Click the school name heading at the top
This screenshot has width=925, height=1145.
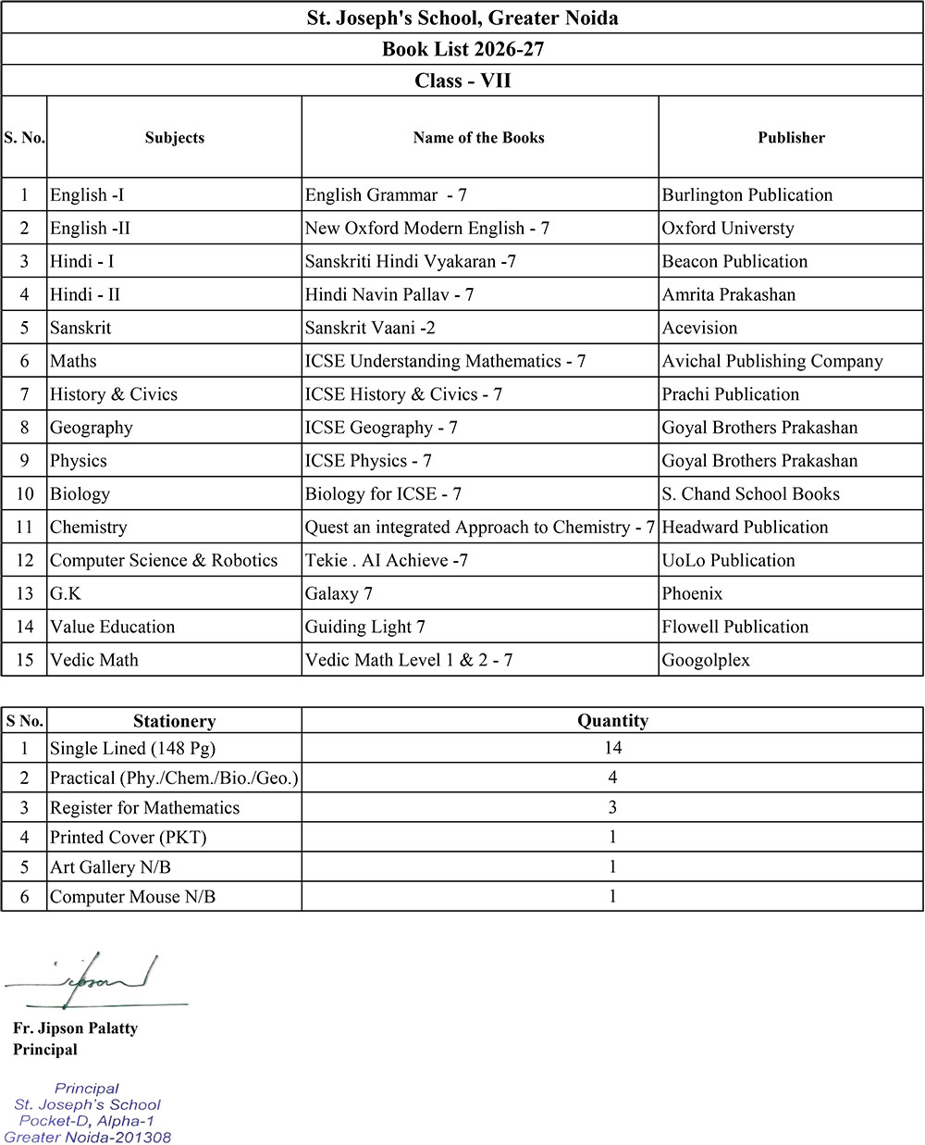click(462, 18)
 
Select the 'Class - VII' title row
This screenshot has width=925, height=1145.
click(462, 81)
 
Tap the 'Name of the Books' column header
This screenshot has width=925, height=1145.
click(478, 138)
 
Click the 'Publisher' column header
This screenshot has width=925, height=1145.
click(791, 138)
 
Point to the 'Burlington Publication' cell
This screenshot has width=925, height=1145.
click(747, 195)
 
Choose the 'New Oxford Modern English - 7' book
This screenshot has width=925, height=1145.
click(427, 229)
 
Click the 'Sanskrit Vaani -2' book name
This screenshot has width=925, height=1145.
click(370, 329)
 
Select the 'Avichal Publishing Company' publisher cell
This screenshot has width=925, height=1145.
click(772, 362)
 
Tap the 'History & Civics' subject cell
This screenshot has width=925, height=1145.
click(114, 395)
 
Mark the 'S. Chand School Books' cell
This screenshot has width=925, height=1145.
click(751, 494)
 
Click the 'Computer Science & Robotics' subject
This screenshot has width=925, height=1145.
click(164, 561)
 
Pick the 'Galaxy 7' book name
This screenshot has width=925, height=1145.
click(339, 594)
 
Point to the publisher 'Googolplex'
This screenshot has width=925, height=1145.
click(706, 661)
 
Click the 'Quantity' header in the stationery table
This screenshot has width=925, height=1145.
click(612, 721)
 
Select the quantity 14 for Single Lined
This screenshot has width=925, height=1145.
click(612, 748)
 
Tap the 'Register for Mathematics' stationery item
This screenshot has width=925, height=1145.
click(144, 808)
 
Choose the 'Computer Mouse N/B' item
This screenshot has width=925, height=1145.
click(132, 897)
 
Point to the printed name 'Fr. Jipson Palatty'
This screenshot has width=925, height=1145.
click(75, 1028)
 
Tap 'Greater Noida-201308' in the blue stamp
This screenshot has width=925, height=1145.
click(88, 1138)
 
